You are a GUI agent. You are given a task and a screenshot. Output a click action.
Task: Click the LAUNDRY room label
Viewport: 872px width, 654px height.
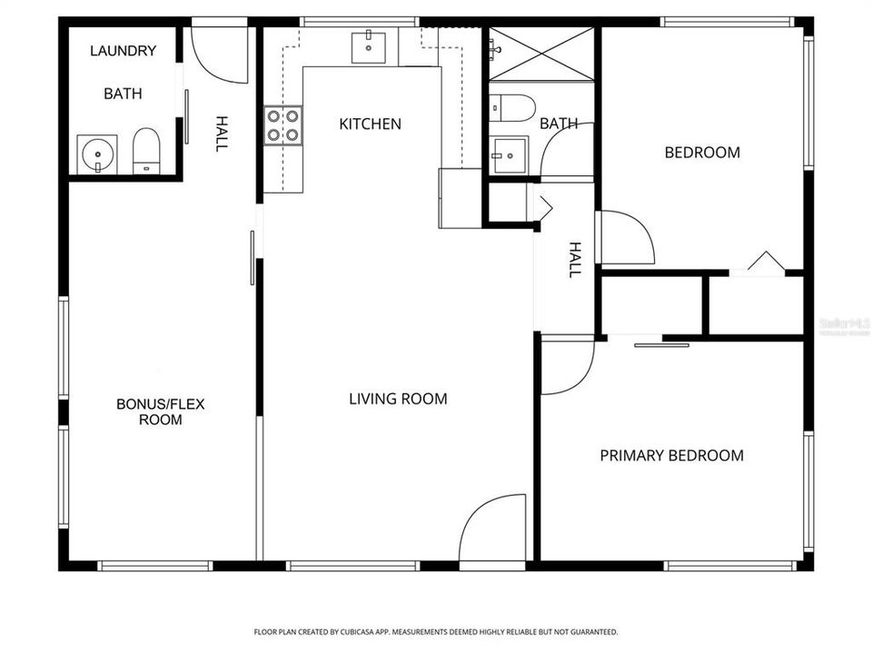[123, 51]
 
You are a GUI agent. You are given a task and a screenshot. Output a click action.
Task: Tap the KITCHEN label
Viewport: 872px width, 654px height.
[370, 124]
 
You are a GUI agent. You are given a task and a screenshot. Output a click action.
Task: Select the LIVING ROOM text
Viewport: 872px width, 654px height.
[398, 399]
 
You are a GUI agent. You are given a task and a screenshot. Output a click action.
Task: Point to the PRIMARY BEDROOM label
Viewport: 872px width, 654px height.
[671, 455]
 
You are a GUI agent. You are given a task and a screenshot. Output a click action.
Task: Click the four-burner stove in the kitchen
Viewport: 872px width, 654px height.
[282, 126]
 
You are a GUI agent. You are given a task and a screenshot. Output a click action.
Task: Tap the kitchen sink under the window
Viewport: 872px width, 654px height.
[370, 46]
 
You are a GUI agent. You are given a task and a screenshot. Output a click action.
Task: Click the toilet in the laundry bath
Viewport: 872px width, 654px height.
[146, 151]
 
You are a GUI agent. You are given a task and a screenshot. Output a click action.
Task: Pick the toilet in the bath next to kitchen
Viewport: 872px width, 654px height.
[508, 108]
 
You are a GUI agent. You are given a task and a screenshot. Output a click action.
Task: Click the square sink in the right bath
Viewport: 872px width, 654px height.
[509, 154]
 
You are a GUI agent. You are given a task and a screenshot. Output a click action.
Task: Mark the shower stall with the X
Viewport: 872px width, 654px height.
[541, 55]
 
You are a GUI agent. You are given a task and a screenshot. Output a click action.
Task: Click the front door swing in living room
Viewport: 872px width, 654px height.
[491, 530]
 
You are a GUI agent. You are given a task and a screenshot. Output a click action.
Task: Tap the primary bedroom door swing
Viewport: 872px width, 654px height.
[565, 365]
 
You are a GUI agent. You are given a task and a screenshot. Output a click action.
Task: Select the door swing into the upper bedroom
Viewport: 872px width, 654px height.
[624, 237]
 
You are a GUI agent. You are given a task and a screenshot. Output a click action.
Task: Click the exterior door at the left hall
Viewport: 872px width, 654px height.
[219, 54]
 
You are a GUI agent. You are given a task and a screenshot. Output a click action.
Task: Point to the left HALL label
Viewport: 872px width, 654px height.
[220, 133]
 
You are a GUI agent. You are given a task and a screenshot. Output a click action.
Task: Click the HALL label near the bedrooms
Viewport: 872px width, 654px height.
[574, 259]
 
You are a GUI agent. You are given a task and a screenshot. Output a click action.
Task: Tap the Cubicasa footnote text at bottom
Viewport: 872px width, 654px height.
[436, 631]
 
